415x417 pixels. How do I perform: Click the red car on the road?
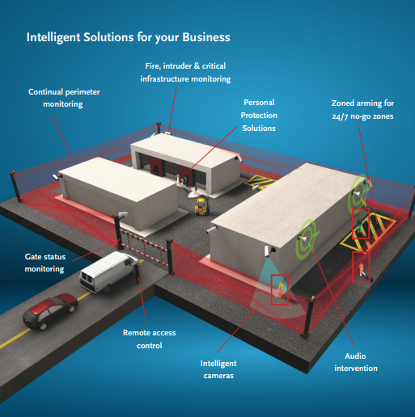(50, 311)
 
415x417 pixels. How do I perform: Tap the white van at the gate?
(108, 272)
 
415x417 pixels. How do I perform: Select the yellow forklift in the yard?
(202, 207)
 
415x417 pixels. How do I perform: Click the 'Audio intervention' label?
(356, 362)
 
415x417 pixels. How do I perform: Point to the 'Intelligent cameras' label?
(218, 369)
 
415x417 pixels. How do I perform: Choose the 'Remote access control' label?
(150, 339)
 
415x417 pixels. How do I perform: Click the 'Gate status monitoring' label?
(45, 263)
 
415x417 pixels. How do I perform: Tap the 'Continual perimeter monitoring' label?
(64, 98)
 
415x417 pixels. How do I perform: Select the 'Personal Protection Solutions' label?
(259, 115)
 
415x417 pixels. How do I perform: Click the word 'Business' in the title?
(206, 37)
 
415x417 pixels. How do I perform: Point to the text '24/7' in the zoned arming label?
(341, 116)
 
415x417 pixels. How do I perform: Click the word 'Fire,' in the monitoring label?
(153, 66)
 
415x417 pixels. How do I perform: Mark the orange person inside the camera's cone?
(281, 289)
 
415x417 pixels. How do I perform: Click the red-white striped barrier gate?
(144, 246)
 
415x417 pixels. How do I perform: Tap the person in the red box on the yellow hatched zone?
(360, 225)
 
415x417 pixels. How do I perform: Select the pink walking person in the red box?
(362, 269)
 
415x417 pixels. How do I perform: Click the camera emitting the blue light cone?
(269, 251)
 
